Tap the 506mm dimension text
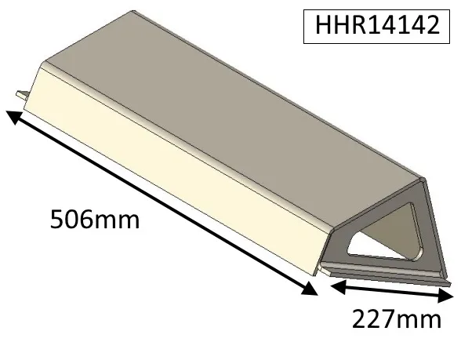click(x=94, y=219)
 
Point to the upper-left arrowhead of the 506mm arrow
click(x=13, y=116)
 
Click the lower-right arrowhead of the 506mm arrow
click(x=311, y=289)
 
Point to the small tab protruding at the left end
click(x=22, y=95)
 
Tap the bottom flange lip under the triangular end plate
click(x=392, y=275)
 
